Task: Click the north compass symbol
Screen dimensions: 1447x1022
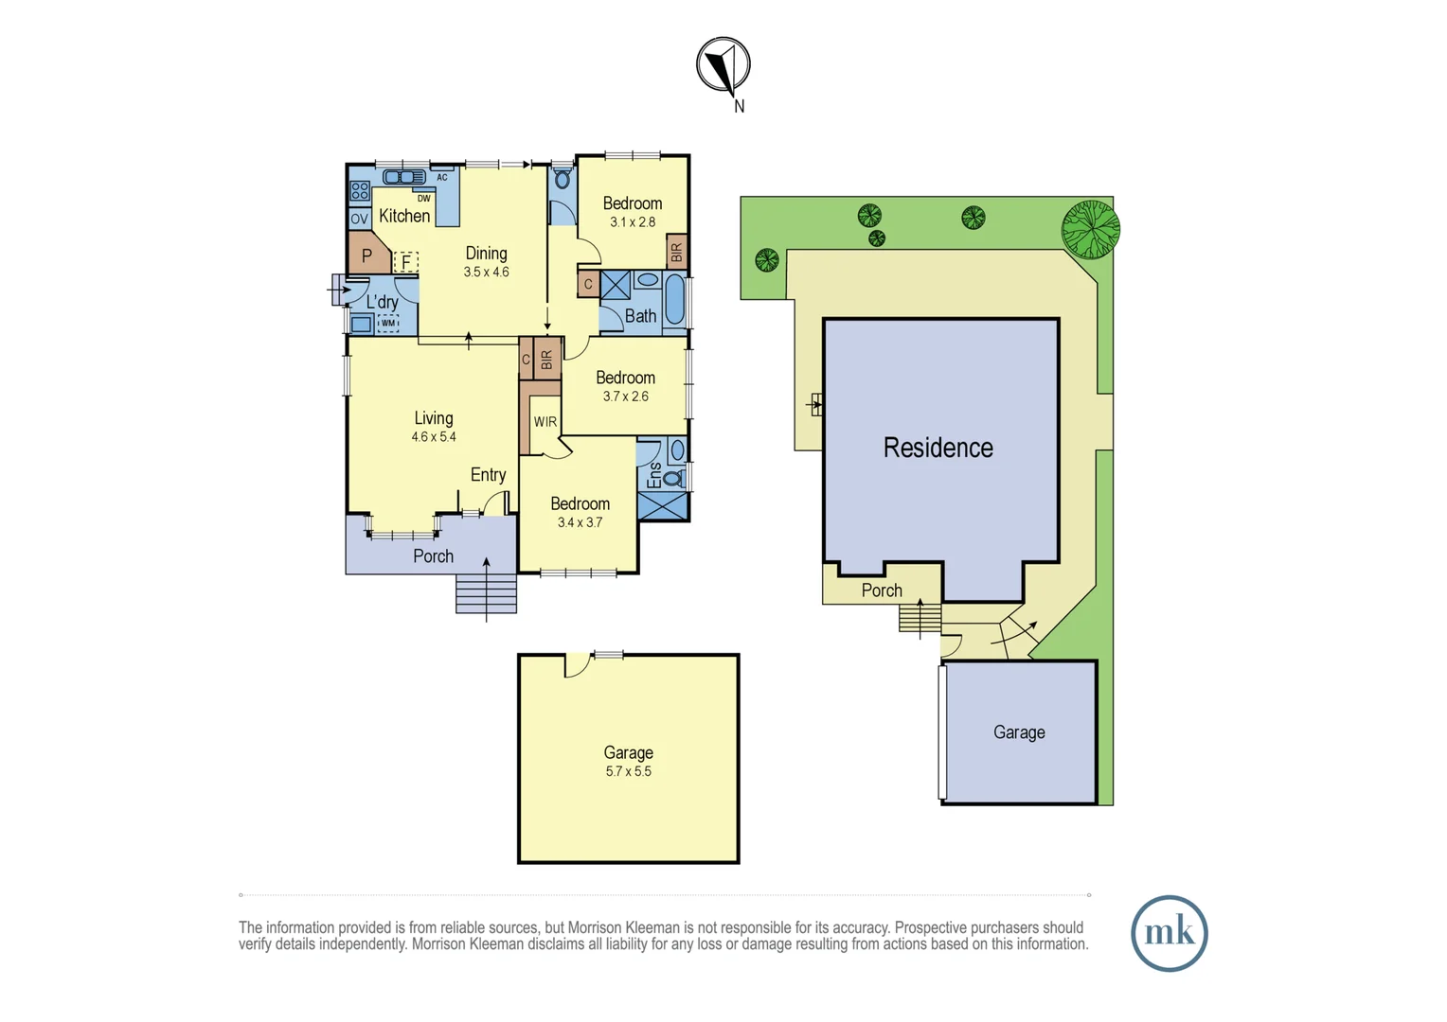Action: click(723, 64)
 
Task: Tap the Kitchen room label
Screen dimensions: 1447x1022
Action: click(404, 216)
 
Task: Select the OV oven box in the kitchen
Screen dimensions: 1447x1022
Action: click(359, 219)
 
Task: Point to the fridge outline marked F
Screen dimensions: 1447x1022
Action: click(406, 262)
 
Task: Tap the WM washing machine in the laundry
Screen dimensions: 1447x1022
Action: click(387, 323)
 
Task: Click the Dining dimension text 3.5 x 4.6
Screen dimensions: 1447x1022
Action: click(487, 272)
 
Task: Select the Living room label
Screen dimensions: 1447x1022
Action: click(434, 417)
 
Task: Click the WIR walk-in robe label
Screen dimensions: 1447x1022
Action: click(545, 422)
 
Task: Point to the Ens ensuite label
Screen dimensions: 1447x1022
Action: click(654, 475)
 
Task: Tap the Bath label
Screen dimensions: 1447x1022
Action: click(640, 316)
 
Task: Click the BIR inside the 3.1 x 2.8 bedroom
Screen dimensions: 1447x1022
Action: click(676, 252)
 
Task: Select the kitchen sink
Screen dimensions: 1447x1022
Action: click(404, 177)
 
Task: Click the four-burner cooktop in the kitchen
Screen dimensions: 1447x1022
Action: click(360, 191)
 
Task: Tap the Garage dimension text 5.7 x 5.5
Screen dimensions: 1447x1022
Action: click(629, 771)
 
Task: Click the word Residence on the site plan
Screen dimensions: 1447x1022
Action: click(938, 448)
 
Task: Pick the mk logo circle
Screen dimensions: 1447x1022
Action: click(1170, 934)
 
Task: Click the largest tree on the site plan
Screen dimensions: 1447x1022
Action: click(1091, 229)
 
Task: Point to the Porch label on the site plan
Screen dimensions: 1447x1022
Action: click(882, 590)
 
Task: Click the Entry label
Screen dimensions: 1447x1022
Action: click(488, 474)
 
